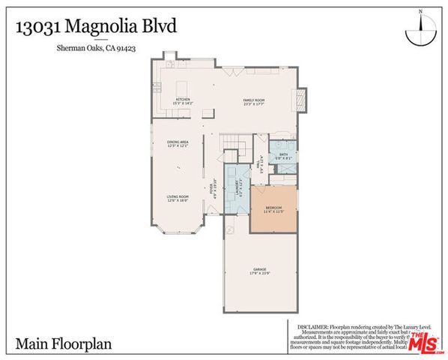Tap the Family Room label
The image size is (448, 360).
(253, 101)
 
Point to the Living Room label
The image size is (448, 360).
(177, 198)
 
